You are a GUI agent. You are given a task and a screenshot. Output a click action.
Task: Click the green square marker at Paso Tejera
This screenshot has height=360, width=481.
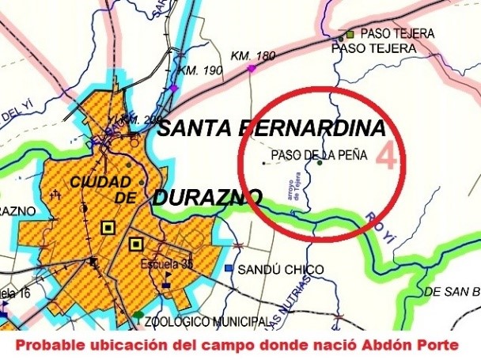[350, 35]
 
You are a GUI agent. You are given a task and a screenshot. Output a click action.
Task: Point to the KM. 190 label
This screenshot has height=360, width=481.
[198, 70]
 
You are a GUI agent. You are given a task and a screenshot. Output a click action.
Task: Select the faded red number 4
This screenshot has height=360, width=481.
[386, 155]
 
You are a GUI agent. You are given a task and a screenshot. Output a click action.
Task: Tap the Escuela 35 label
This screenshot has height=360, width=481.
[165, 263]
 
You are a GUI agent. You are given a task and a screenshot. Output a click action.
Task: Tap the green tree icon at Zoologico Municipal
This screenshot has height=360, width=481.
[139, 315]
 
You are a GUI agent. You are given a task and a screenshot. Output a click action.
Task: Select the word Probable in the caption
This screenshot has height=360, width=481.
[47, 347]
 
